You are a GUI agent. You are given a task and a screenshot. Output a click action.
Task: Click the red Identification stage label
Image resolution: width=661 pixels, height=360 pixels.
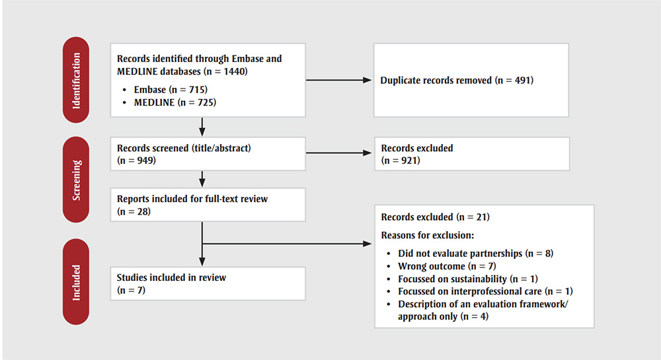76,80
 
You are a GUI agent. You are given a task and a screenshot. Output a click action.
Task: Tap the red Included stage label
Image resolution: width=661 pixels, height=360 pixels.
76,283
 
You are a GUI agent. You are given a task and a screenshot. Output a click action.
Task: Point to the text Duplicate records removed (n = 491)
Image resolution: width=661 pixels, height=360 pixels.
455,81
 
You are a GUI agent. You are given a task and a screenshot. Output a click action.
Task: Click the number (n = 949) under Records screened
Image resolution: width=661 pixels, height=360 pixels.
136,161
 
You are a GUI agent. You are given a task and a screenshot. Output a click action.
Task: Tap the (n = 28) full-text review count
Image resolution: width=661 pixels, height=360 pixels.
133,211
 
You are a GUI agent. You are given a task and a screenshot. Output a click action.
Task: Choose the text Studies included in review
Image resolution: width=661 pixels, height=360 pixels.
171,277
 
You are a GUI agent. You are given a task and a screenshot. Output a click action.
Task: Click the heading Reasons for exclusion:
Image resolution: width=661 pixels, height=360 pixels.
428,235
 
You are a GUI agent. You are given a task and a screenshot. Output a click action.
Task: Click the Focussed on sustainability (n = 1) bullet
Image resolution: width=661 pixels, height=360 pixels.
463,279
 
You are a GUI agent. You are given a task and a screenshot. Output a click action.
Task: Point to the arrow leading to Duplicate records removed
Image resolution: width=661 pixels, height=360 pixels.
339,81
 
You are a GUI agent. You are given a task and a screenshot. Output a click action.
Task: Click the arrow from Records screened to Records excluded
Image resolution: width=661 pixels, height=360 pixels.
339,154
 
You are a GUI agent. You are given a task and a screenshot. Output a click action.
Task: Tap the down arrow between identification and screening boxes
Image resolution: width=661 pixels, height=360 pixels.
201,126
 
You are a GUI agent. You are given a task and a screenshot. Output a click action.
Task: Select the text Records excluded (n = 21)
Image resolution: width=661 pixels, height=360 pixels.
435,217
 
